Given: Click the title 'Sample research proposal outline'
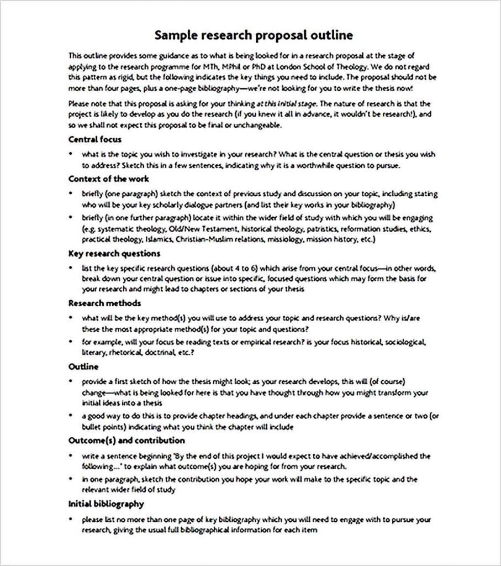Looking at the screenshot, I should point(254,36).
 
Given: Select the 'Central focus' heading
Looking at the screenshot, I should point(94,139).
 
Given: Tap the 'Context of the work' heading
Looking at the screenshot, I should point(109,179).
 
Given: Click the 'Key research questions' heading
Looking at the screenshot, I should point(114,253).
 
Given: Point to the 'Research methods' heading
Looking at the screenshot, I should point(104,303).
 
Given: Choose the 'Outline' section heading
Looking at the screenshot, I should point(83,366).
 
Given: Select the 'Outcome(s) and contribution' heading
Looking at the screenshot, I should point(126,441).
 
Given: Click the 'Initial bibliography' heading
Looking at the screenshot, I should point(106,504).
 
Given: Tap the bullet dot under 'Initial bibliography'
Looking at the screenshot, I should point(71,520).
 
